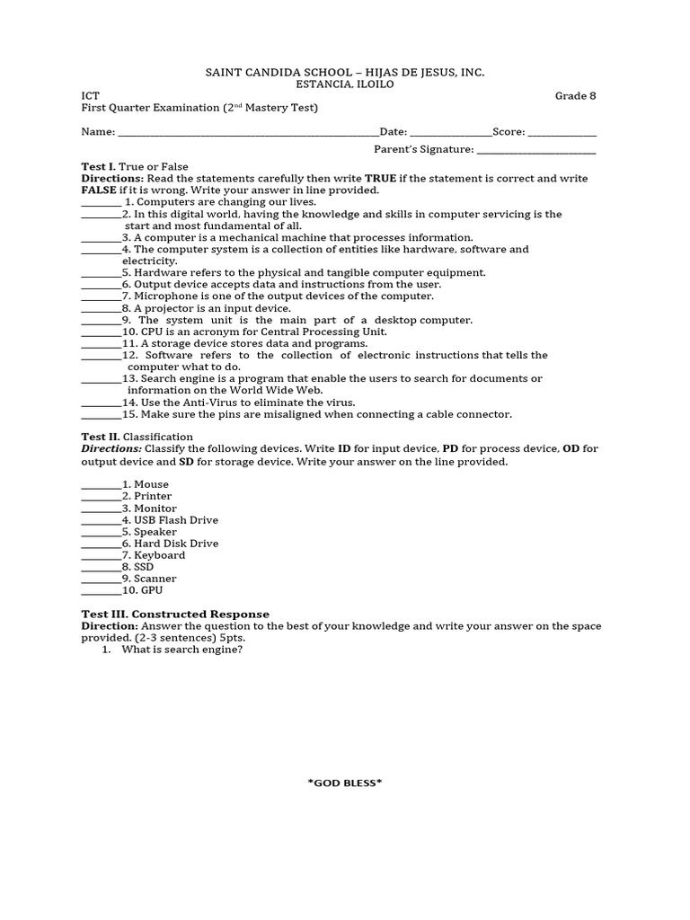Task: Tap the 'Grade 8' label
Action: click(575, 96)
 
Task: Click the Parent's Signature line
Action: click(536, 151)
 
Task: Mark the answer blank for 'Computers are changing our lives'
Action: click(101, 203)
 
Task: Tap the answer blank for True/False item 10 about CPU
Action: click(101, 332)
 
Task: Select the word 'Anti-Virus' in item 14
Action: click(199, 403)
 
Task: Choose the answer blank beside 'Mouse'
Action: click(101, 485)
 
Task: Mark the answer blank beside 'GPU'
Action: click(101, 592)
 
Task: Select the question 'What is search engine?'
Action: click(182, 650)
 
